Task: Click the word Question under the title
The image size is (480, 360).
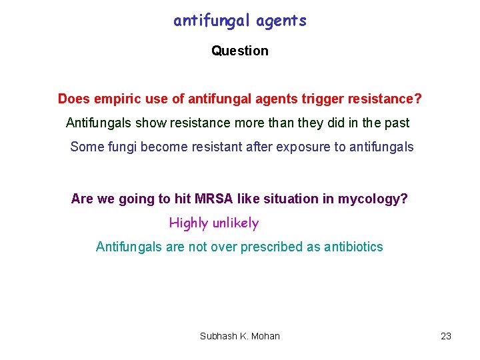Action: pyautogui.click(x=240, y=51)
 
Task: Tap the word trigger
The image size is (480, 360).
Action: pyautogui.click(x=307, y=99)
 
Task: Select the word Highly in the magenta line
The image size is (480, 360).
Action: pyautogui.click(x=189, y=223)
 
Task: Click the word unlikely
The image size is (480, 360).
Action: pyautogui.click(x=235, y=223)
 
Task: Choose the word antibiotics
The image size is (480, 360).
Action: pyautogui.click(x=353, y=247)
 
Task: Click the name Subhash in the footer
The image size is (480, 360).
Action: pyautogui.click(x=218, y=336)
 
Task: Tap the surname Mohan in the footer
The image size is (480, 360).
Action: pyautogui.click(x=266, y=336)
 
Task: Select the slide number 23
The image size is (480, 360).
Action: pyautogui.click(x=446, y=336)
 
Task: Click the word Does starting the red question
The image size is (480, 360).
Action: pyautogui.click(x=73, y=99)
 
